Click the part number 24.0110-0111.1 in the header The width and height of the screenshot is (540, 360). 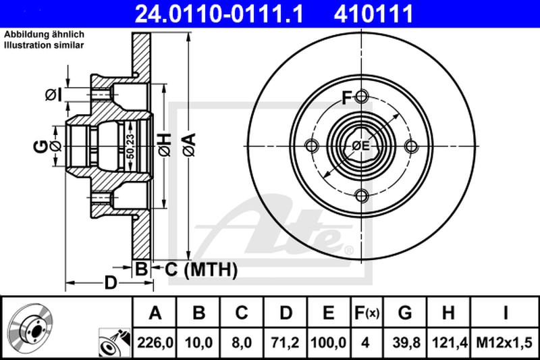click(219, 14)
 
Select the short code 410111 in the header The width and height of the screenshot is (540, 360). click(373, 14)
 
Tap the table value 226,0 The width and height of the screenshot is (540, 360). click(155, 342)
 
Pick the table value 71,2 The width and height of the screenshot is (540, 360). click(286, 342)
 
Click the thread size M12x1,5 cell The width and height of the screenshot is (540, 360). click(504, 342)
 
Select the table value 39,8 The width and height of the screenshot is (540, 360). click(406, 342)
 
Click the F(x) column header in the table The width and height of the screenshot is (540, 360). click(367, 313)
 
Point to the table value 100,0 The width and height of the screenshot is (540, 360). click(328, 342)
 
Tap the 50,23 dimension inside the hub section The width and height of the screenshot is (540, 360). click(130, 147)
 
